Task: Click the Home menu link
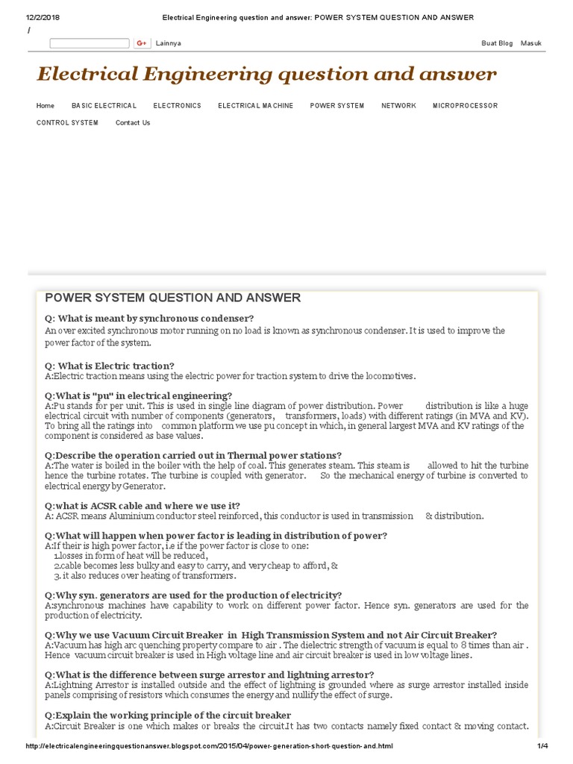(x=45, y=106)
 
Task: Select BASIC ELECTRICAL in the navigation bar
(x=104, y=106)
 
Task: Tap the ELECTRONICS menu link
(x=177, y=106)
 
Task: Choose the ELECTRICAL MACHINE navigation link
(x=255, y=106)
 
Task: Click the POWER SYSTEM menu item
(x=337, y=106)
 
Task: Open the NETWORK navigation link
(x=398, y=106)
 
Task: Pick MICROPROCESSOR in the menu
(x=465, y=106)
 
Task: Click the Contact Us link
(x=133, y=123)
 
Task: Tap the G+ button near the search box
(x=142, y=43)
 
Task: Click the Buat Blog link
(x=497, y=43)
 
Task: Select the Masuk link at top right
(x=531, y=43)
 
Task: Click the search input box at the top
(x=90, y=43)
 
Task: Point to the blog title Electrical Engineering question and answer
(x=266, y=74)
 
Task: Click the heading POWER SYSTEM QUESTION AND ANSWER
(x=173, y=298)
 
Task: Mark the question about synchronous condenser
(x=149, y=319)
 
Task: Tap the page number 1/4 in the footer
(x=542, y=746)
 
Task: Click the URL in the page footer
(x=208, y=746)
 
